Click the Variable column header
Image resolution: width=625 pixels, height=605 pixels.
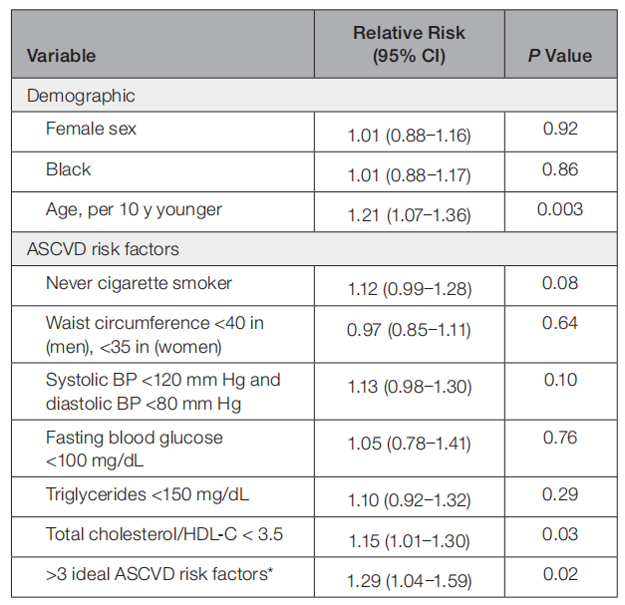point(62,56)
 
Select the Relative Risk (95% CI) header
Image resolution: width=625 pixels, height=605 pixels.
point(409,44)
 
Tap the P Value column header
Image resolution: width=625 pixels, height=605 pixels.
point(560,56)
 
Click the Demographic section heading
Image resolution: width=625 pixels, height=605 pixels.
point(81,96)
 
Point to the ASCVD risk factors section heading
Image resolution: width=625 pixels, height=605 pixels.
point(103,249)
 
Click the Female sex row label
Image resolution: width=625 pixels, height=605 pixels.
point(91,129)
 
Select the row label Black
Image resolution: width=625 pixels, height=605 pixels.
point(68,169)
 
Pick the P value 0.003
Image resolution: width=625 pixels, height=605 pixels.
point(560,209)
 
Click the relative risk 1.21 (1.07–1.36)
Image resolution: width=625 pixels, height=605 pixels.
point(410,215)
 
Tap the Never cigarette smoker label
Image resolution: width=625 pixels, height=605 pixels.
point(139,283)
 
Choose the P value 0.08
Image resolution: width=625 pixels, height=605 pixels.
point(560,283)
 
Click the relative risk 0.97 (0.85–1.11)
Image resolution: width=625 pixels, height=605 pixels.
point(409,330)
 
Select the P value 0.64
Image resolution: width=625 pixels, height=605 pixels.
point(560,323)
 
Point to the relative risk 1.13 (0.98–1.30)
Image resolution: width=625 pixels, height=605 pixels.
point(410,387)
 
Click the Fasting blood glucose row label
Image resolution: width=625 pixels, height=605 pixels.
point(135,450)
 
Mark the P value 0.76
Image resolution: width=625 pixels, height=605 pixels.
point(560,438)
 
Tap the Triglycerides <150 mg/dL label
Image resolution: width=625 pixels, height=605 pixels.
point(148,494)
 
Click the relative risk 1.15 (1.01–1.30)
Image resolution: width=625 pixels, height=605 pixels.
point(410,541)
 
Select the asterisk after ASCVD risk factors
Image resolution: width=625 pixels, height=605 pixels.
point(270,570)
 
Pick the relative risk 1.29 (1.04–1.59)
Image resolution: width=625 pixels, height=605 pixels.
point(410,581)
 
